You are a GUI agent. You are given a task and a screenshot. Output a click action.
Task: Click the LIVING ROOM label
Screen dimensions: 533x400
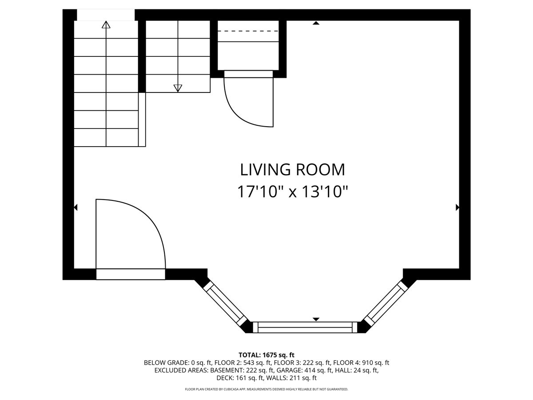(292, 169)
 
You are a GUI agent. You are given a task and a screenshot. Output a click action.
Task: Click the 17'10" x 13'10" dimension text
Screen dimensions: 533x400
(292, 192)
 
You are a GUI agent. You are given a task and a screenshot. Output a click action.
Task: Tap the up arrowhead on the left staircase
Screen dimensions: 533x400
(106, 24)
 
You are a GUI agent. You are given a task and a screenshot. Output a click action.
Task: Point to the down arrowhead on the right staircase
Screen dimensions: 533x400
(178, 88)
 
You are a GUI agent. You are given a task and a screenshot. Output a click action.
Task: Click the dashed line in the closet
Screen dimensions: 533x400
(248, 31)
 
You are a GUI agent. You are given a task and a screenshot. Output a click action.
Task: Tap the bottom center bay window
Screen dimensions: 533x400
(305, 327)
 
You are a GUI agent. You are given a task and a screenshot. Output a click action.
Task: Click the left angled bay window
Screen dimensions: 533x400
(224, 304)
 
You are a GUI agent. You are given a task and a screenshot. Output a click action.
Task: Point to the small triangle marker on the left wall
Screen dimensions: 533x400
(76, 208)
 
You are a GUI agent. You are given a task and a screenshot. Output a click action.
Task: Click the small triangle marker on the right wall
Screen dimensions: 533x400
(457, 208)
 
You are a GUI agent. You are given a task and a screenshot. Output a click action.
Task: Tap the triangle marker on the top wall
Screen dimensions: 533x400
(316, 23)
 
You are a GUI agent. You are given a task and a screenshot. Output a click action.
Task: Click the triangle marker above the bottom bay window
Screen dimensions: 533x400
(316, 320)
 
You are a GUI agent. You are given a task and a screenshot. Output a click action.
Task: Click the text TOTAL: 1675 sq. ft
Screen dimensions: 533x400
(266, 355)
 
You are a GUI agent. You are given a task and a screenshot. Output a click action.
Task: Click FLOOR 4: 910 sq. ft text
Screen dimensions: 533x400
(361, 363)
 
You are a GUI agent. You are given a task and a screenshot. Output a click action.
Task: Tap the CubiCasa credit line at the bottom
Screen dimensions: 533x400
(266, 389)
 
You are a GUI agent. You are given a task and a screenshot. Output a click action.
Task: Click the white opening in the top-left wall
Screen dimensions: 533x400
(106, 15)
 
